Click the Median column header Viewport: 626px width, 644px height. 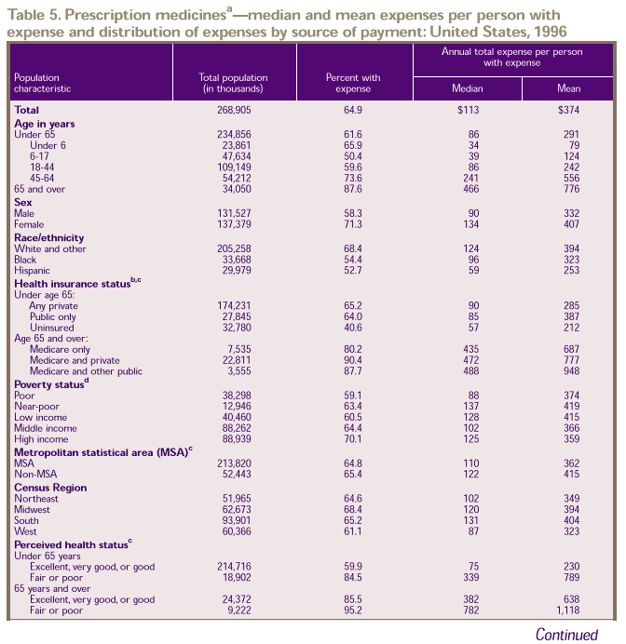tap(467, 88)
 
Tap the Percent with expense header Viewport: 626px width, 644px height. tap(354, 84)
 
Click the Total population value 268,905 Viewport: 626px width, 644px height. tap(234, 110)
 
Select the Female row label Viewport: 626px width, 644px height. tap(29, 224)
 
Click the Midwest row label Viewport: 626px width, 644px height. tap(33, 509)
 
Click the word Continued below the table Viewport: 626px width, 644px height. tap(566, 635)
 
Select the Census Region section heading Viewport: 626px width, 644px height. tap(51, 488)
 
